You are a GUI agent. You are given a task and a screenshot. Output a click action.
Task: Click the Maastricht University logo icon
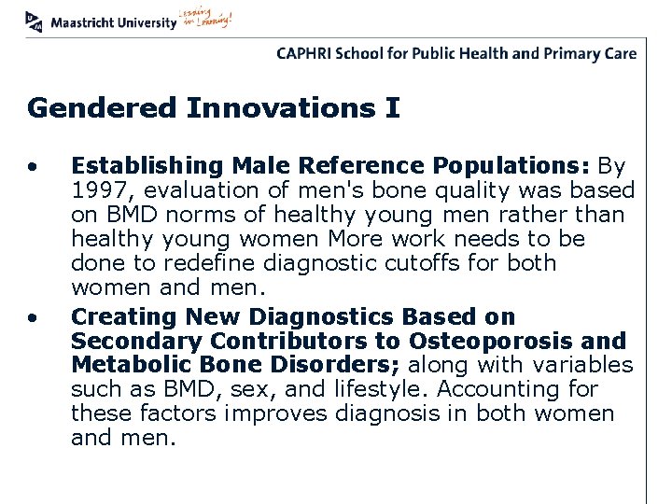tap(35, 20)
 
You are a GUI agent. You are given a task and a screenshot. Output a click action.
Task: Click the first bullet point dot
tap(33, 168)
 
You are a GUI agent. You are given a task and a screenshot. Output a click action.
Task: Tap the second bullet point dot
tap(33, 318)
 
